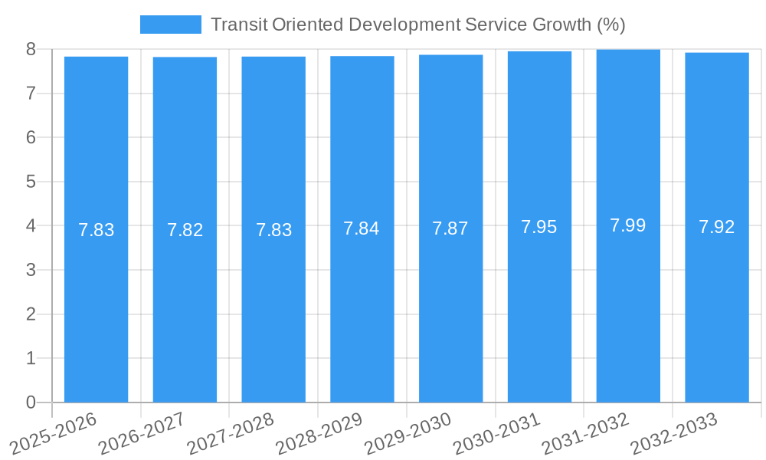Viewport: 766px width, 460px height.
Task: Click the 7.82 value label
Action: pyautogui.click(x=185, y=230)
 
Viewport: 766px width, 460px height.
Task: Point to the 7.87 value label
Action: pyautogui.click(x=450, y=228)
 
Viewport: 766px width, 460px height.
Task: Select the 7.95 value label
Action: pyautogui.click(x=539, y=227)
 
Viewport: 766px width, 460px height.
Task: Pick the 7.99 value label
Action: pyautogui.click(x=628, y=225)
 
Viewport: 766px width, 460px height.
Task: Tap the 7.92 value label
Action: pyautogui.click(x=717, y=227)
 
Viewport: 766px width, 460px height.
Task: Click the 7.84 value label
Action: pyautogui.click(x=362, y=228)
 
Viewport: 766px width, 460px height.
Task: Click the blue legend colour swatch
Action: pyautogui.click(x=170, y=25)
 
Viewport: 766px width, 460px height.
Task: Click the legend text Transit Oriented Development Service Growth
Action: pyautogui.click(x=417, y=25)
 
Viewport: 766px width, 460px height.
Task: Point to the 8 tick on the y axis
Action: pyautogui.click(x=31, y=49)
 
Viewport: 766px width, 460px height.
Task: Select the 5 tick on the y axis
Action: pyautogui.click(x=31, y=182)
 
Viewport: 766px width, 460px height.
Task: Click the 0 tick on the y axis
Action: pyautogui.click(x=31, y=402)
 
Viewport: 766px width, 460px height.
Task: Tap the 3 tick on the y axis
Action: pyautogui.click(x=31, y=270)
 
